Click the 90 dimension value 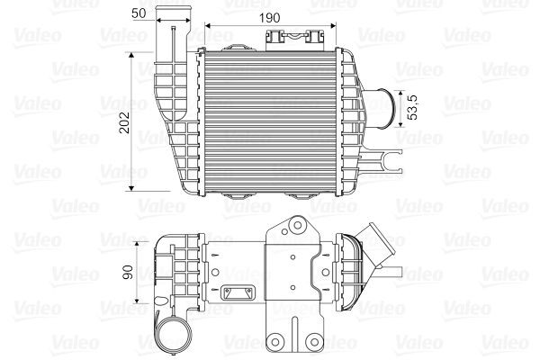[x=129, y=273]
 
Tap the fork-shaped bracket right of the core [x=392, y=163]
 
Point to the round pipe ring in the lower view [x=171, y=338]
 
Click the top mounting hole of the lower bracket [x=294, y=226]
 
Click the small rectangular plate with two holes [x=239, y=292]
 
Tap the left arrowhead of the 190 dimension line [x=210, y=27]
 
